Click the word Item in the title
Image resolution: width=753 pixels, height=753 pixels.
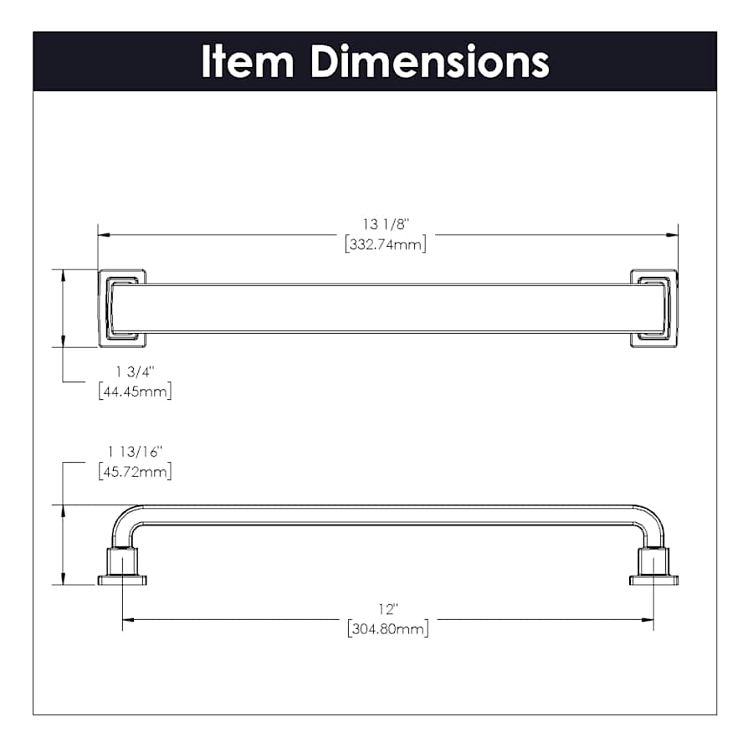[248, 61]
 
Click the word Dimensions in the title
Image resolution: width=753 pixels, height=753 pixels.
[430, 61]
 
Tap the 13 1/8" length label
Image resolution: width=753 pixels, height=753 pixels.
[386, 225]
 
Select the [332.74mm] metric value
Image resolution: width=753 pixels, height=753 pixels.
[386, 244]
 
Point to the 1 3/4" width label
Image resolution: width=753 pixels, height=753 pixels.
[135, 371]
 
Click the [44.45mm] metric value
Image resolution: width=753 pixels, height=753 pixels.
[135, 392]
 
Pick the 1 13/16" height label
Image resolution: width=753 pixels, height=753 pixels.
[135, 452]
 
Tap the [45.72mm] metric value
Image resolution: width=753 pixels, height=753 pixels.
[135, 472]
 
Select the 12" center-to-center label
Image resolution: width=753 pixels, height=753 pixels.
[388, 609]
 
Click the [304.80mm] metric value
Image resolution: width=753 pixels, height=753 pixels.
[388, 628]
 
